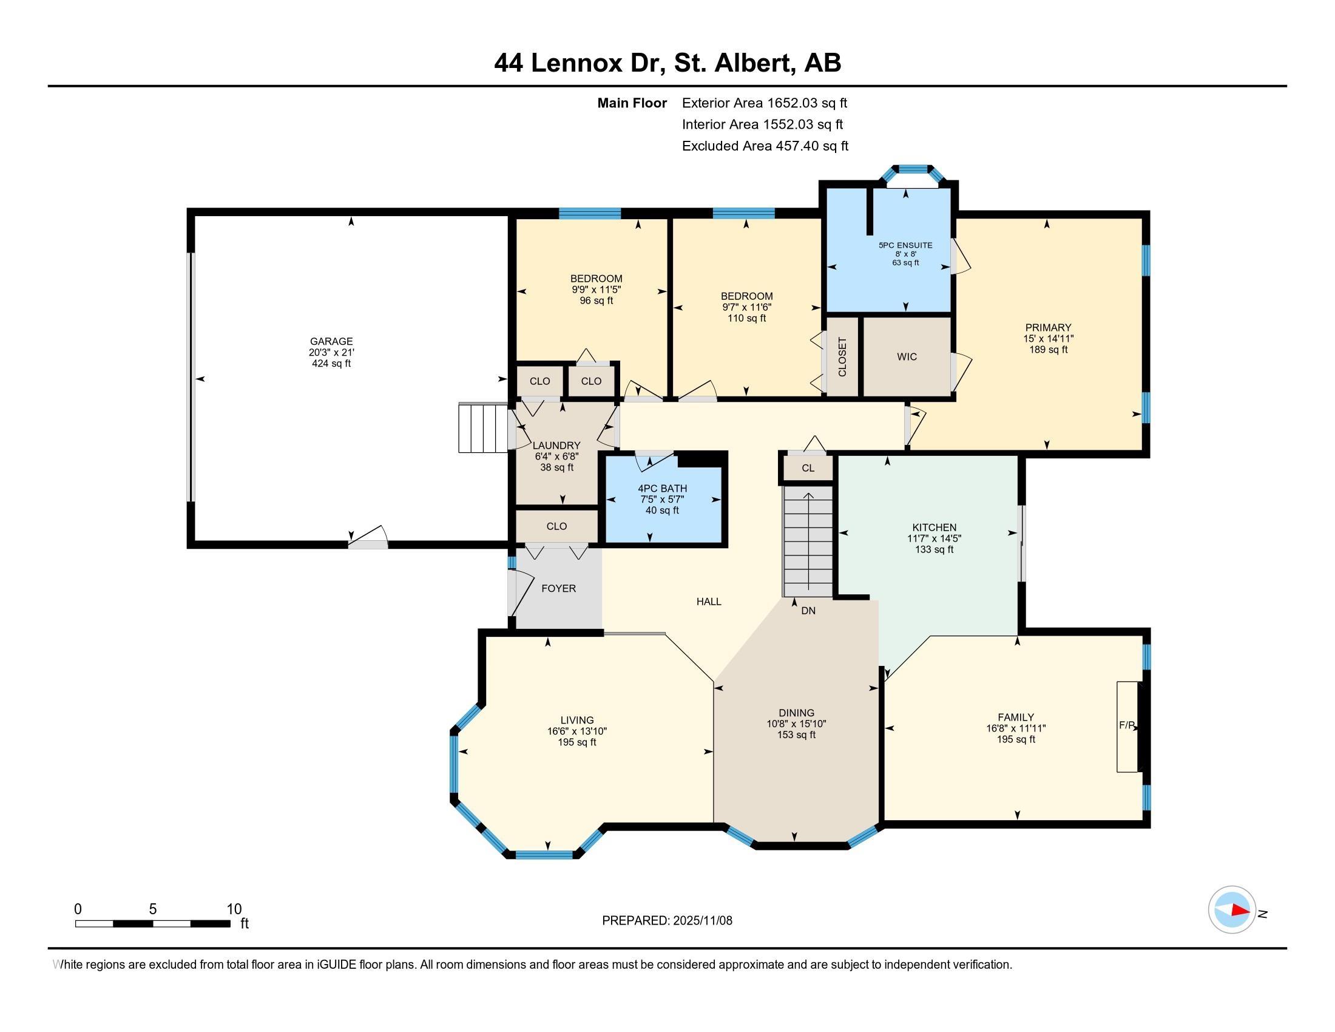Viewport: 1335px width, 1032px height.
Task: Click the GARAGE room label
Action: pyautogui.click(x=331, y=341)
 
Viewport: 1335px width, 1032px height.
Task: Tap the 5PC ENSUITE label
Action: pyautogui.click(x=905, y=245)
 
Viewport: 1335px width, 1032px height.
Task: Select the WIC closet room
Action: pyautogui.click(x=907, y=356)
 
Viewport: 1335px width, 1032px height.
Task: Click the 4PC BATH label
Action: pyautogui.click(x=662, y=489)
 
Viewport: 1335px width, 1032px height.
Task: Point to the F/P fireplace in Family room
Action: pyautogui.click(x=1127, y=725)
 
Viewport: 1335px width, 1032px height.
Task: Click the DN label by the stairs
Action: pyautogui.click(x=808, y=611)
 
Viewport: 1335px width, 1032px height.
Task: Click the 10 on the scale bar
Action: pyautogui.click(x=234, y=909)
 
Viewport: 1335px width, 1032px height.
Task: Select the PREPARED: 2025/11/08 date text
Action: pyautogui.click(x=667, y=921)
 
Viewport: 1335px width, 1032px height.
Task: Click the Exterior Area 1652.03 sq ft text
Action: pyautogui.click(x=764, y=103)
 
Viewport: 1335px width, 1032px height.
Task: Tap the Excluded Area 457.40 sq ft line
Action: pyautogui.click(x=765, y=146)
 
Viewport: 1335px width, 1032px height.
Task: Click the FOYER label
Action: pyautogui.click(x=558, y=588)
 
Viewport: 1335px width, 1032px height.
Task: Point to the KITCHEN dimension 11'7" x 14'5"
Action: pyautogui.click(x=934, y=538)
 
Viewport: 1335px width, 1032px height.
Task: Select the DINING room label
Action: pyautogui.click(x=796, y=713)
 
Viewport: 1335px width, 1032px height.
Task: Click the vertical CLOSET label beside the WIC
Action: pyautogui.click(x=842, y=356)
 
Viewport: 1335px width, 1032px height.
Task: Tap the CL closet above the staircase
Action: pyautogui.click(x=808, y=468)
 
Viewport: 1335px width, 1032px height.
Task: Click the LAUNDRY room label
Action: pyautogui.click(x=556, y=446)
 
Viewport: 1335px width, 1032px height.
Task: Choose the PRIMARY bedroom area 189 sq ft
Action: pyautogui.click(x=1048, y=350)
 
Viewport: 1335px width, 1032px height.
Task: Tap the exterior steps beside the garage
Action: pyautogui.click(x=483, y=427)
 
